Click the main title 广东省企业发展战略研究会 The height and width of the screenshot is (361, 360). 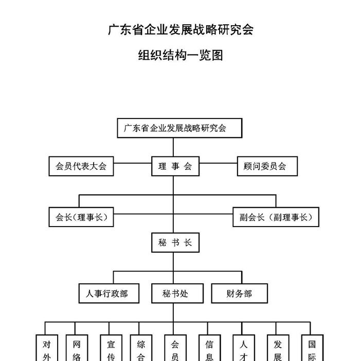(x=181, y=29)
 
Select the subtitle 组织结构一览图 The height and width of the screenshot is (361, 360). (x=181, y=55)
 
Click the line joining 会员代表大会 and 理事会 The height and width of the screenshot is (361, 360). (x=132, y=163)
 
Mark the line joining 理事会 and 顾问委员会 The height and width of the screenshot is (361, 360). (x=218, y=163)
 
